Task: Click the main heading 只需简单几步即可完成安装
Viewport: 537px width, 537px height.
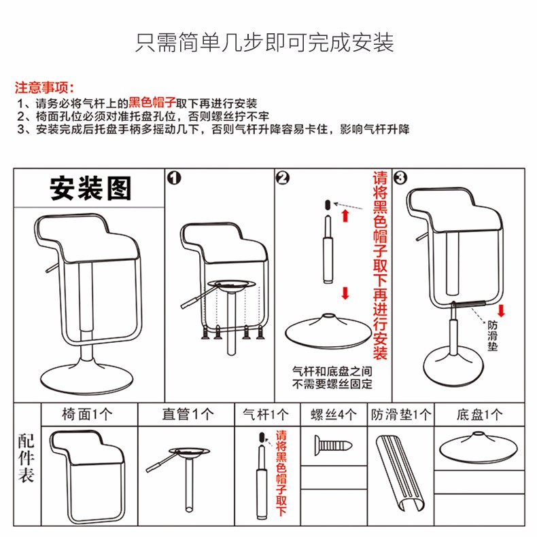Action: pos(265,42)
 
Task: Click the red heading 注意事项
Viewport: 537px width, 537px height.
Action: pos(45,88)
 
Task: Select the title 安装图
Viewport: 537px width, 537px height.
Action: pos(90,187)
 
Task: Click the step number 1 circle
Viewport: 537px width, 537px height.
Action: pos(174,178)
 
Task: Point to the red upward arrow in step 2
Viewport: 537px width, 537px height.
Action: pos(345,216)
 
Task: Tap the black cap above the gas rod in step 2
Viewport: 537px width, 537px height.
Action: pos(327,203)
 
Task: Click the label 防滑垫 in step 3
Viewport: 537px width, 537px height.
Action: pos(493,335)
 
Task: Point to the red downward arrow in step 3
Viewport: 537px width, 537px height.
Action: pos(502,312)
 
